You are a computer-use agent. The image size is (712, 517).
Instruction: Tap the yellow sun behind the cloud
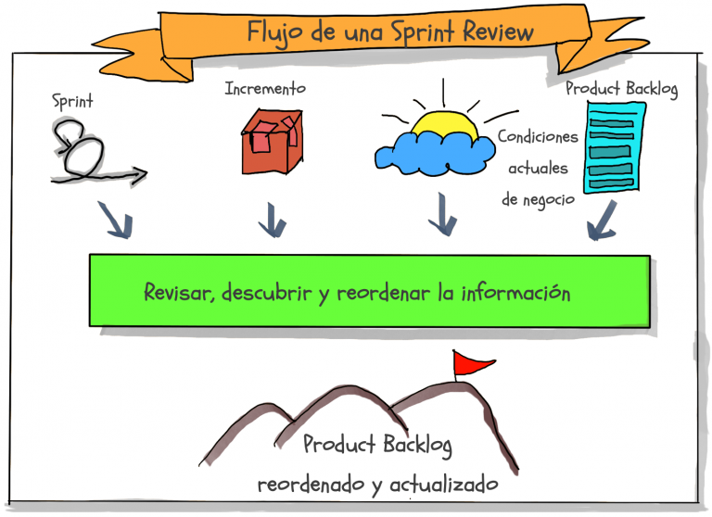(444, 126)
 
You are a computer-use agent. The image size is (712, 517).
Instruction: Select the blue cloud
(430, 152)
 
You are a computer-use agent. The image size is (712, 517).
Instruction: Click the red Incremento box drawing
(272, 142)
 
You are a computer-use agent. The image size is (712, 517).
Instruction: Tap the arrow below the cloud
(442, 221)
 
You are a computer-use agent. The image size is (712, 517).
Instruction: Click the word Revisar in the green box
(180, 293)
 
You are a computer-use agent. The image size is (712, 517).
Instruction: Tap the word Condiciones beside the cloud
(538, 136)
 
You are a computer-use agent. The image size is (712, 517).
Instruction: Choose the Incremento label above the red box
(265, 89)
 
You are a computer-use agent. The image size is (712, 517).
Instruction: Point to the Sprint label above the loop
(72, 101)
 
